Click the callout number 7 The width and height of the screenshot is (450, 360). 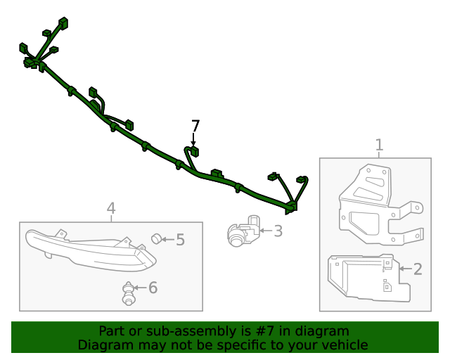(195, 126)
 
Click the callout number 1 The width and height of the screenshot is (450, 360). (379, 145)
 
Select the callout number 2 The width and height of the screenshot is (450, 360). (418, 269)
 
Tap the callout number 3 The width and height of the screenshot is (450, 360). (278, 231)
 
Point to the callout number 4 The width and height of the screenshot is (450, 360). (111, 208)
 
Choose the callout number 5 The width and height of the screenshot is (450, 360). (180, 240)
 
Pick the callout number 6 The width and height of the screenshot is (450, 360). (153, 288)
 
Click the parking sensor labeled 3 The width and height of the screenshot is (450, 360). (243, 230)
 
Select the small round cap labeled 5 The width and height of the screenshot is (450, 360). (156, 238)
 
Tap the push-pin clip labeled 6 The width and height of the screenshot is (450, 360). (128, 293)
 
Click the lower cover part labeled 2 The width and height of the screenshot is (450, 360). (368, 278)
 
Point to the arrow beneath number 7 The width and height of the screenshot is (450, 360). (194, 140)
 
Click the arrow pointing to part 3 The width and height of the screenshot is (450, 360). (266, 231)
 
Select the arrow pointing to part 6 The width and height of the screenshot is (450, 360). (141, 288)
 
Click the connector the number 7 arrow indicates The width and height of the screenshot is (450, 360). (194, 152)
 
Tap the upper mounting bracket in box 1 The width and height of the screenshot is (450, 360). (380, 205)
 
